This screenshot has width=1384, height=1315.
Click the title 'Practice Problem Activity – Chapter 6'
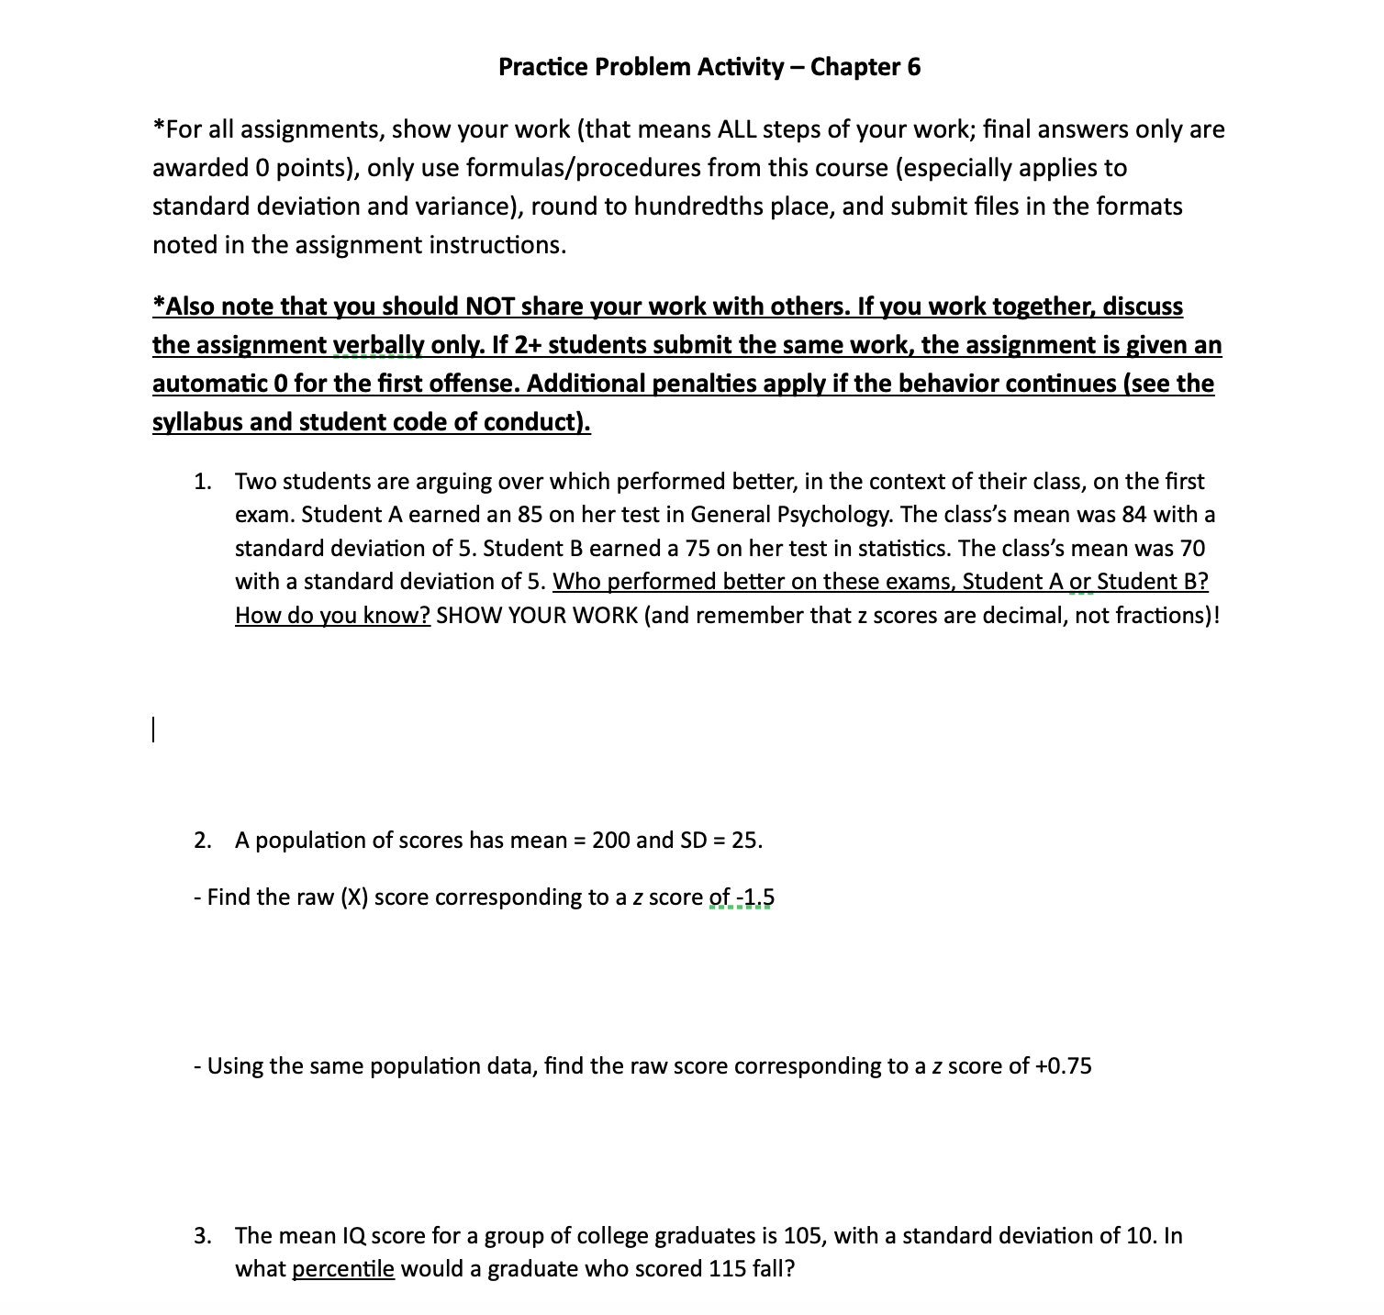pyautogui.click(x=709, y=67)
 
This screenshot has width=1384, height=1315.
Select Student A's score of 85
pyautogui.click(x=530, y=515)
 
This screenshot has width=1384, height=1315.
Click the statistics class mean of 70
pyautogui.click(x=1191, y=549)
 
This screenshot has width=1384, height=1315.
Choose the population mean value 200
pyautogui.click(x=610, y=841)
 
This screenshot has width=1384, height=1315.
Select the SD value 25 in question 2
pyautogui.click(x=744, y=841)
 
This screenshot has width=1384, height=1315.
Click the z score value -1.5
pyautogui.click(x=755, y=897)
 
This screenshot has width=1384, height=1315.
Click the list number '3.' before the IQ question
pyautogui.click(x=203, y=1236)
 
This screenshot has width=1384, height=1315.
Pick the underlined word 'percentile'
pyautogui.click(x=343, y=1270)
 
